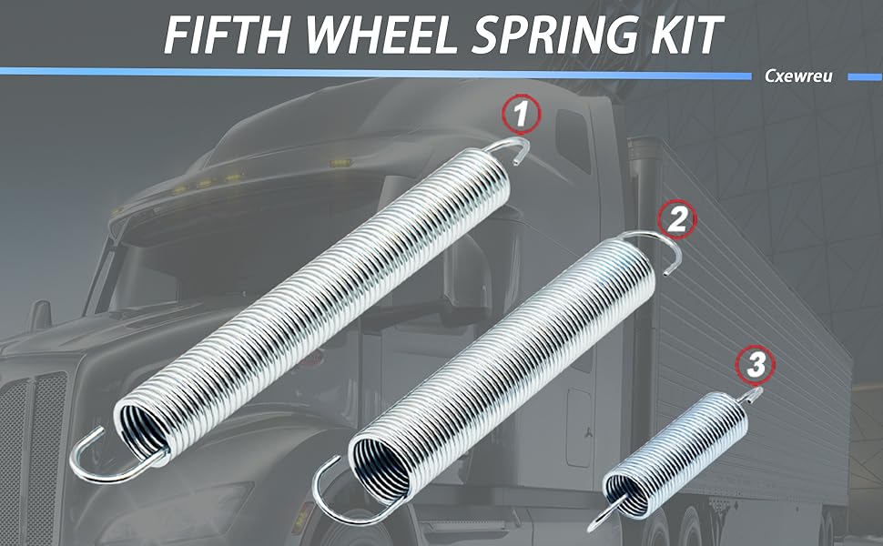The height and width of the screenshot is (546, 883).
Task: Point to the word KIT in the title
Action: coord(688,34)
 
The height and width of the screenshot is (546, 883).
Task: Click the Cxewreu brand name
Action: coord(798,76)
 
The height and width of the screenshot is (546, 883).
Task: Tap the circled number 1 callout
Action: coord(521,114)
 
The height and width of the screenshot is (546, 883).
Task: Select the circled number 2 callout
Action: coord(677,219)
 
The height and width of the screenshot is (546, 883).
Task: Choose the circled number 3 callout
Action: coord(756,364)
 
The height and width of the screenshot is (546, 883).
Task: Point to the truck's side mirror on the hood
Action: coord(39,317)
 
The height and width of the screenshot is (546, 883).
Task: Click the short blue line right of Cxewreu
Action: coord(865,77)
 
